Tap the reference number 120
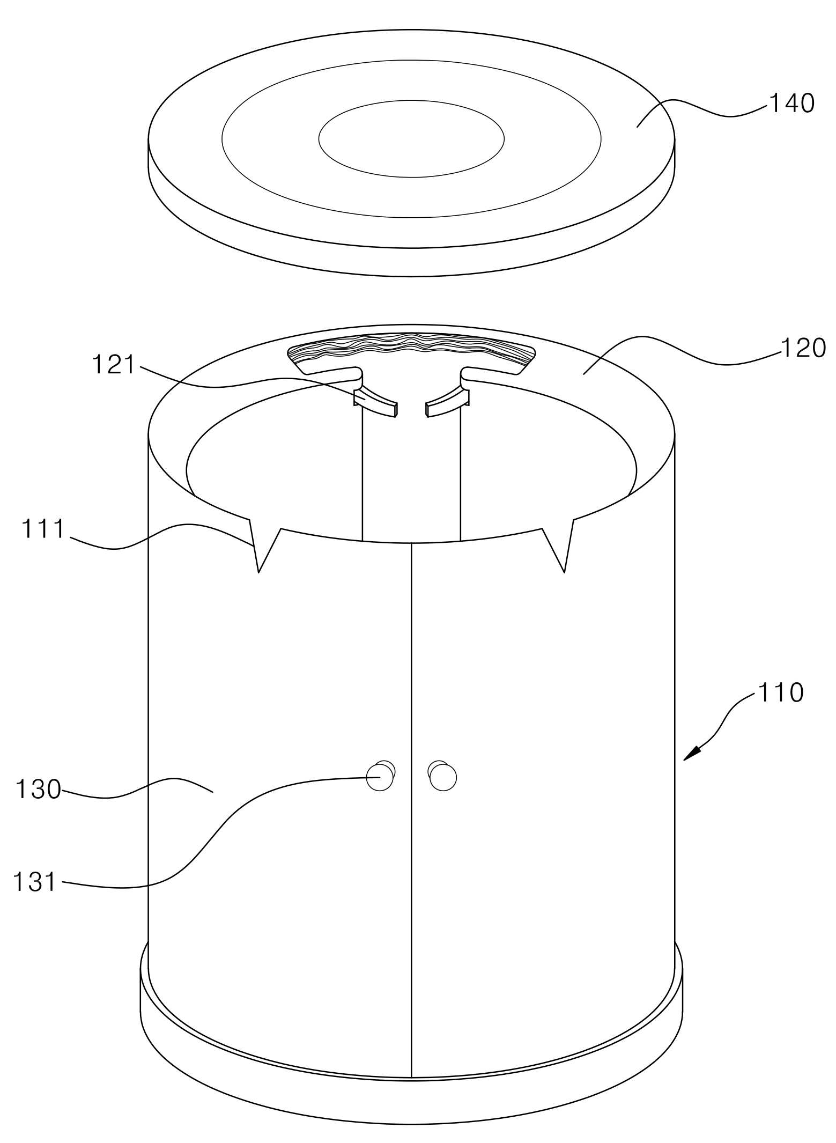tap(803, 349)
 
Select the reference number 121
tap(114, 365)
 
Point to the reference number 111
tap(43, 529)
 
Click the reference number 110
tap(780, 692)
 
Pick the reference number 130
tap(38, 790)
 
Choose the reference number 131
tap(35, 882)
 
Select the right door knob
tap(442, 776)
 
